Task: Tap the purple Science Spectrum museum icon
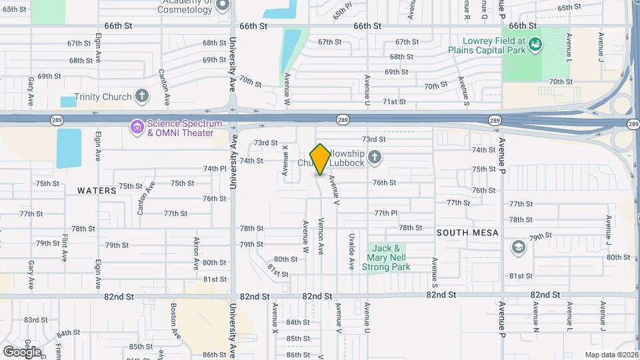click(137, 126)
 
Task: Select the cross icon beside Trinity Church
click(141, 97)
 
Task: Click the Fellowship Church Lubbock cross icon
click(375, 158)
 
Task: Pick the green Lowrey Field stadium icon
click(535, 45)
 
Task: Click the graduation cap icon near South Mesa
click(517, 247)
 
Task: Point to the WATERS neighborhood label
click(97, 191)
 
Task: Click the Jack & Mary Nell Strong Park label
click(386, 257)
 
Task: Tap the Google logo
click(22, 351)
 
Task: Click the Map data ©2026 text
click(611, 355)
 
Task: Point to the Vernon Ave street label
click(321, 235)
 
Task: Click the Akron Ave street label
click(197, 252)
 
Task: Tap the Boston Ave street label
click(174, 321)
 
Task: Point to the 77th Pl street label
click(385, 213)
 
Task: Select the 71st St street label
click(394, 102)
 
